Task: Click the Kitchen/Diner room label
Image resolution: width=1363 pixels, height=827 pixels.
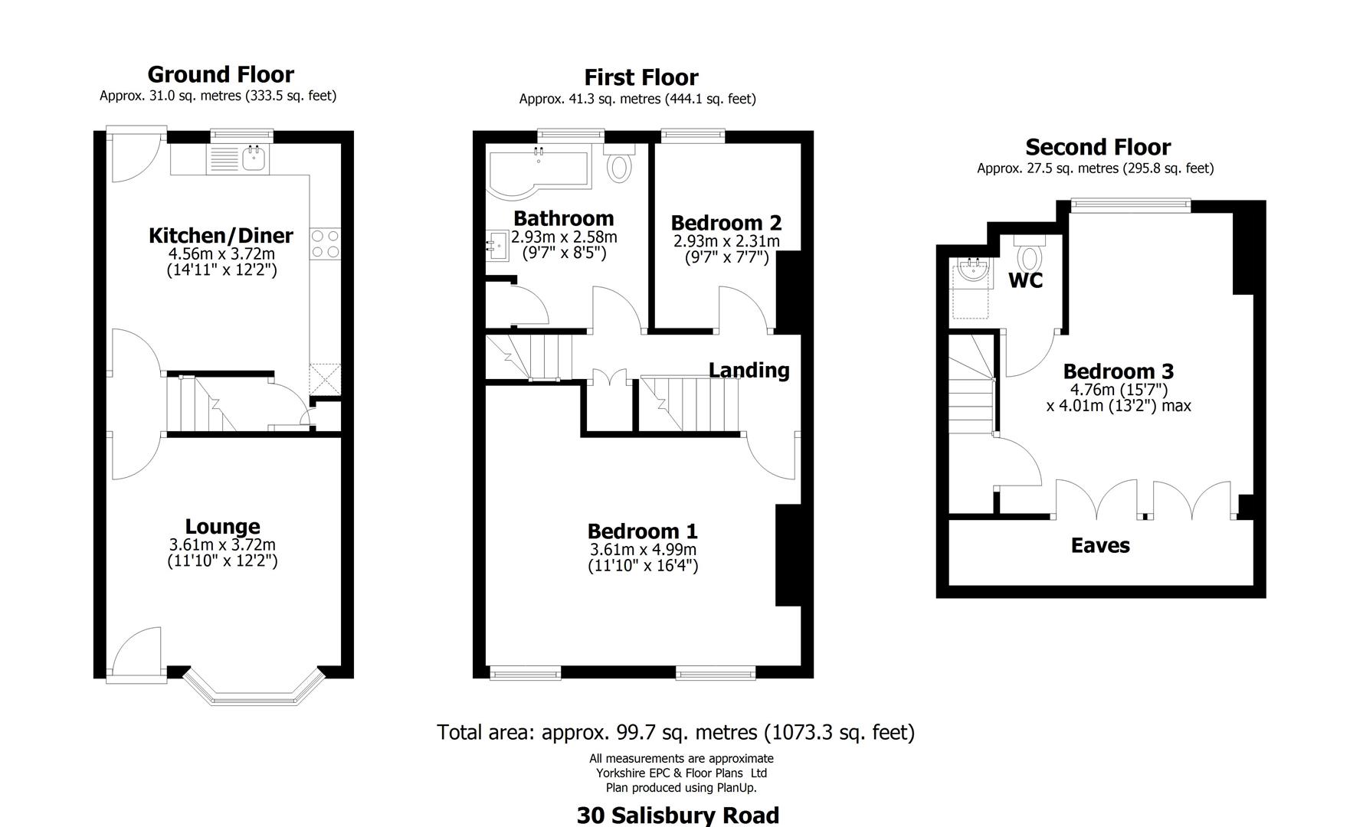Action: tap(221, 236)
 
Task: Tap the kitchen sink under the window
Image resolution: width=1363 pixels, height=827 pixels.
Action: tap(254, 159)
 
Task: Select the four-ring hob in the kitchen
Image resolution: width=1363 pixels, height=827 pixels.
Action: tap(325, 244)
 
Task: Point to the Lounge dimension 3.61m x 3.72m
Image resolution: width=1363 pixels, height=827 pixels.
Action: tap(222, 545)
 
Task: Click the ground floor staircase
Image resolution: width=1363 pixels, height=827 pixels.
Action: tap(203, 404)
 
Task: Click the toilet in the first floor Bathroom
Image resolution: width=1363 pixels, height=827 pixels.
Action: tap(619, 165)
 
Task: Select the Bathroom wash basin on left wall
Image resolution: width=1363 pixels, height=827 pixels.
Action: tap(499, 247)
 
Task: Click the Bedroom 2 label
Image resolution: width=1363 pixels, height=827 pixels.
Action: tap(726, 223)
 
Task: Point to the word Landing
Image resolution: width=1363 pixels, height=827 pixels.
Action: tap(749, 371)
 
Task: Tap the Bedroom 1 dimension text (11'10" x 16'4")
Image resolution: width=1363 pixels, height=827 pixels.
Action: tap(643, 566)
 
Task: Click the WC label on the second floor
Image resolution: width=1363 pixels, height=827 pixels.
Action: tap(1025, 281)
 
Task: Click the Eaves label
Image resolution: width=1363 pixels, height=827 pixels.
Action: tap(1100, 546)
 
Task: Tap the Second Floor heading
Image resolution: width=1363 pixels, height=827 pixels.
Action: tap(1098, 147)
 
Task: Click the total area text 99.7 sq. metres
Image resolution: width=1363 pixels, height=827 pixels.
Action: tap(676, 733)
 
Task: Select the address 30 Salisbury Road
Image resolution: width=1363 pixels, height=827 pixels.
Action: tap(677, 816)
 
